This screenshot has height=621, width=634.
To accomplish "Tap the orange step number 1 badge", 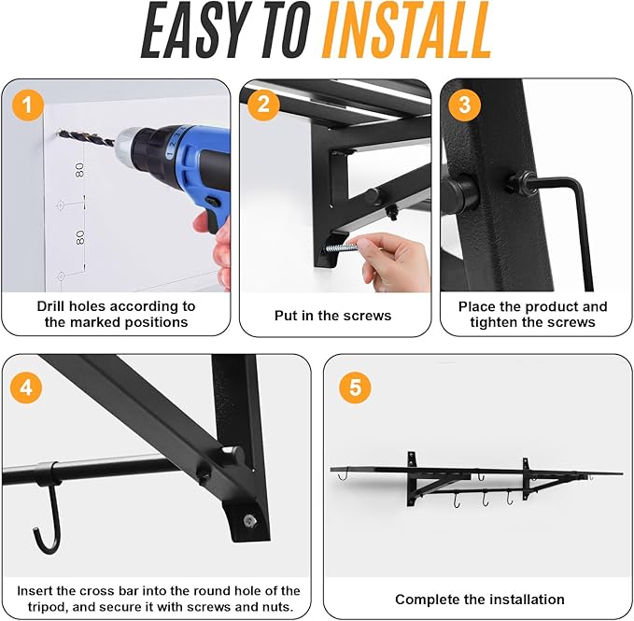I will pyautogui.click(x=28, y=106).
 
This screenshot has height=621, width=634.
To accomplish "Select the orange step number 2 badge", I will pyautogui.click(x=263, y=105).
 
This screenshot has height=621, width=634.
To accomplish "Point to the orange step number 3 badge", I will pyautogui.click(x=464, y=105).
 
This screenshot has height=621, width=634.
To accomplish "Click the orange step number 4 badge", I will pyautogui.click(x=28, y=386).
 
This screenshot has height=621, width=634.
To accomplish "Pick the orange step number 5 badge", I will pyautogui.click(x=354, y=386).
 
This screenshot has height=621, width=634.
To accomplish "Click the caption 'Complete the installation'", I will pyautogui.click(x=479, y=599).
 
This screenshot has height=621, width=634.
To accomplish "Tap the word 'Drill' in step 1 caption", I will pyautogui.click(x=56, y=306).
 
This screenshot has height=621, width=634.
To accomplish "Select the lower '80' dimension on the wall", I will pyautogui.click(x=80, y=236).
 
